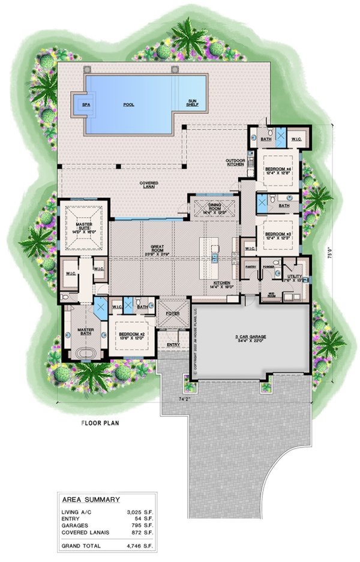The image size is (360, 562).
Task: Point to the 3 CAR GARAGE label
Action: pyautogui.click(x=254, y=338)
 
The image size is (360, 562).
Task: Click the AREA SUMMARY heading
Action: pyautogui.click(x=91, y=499)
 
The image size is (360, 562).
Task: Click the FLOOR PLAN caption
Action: pyautogui.click(x=100, y=423)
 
